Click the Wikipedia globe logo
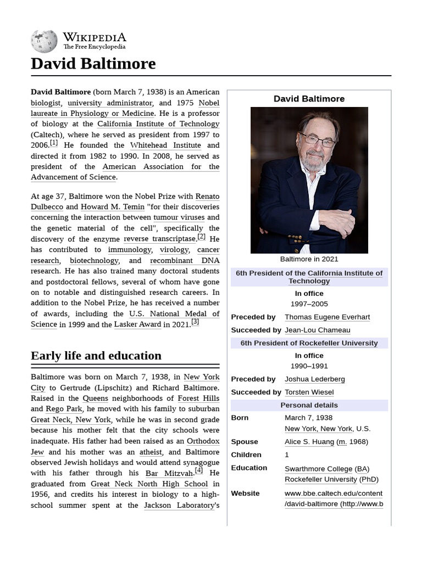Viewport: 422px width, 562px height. click(x=44, y=42)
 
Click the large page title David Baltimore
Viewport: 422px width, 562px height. click(x=93, y=64)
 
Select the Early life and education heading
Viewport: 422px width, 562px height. click(x=96, y=356)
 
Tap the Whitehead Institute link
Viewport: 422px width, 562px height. click(x=165, y=145)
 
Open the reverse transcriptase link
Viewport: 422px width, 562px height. click(x=159, y=239)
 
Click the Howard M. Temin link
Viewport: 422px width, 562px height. click(x=113, y=207)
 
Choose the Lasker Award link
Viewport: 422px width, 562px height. click(x=137, y=324)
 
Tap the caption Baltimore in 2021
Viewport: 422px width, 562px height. click(x=309, y=259)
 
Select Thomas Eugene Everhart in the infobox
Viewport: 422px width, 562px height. click(x=327, y=317)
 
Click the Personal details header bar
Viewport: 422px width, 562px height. click(x=309, y=406)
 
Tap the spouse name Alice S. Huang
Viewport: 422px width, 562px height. click(x=309, y=442)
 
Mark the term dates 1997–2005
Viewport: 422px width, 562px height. click(x=309, y=304)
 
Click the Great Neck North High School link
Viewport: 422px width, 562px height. click(x=149, y=484)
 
